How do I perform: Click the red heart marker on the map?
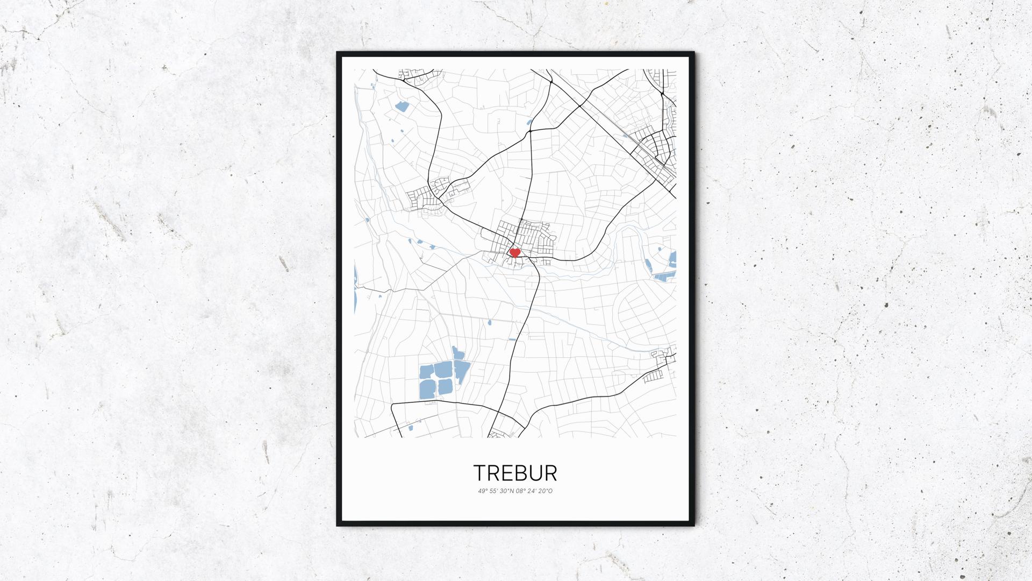point(514,252)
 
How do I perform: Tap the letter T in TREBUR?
point(479,473)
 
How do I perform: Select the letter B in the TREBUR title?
point(516,473)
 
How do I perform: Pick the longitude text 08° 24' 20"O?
point(534,491)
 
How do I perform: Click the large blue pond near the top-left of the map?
point(402,107)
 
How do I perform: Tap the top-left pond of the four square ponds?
point(426,372)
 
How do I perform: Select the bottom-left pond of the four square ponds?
point(428,389)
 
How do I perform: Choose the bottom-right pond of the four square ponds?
point(444,387)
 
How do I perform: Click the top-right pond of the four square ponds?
point(443,370)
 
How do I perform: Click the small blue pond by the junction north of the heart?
point(528,122)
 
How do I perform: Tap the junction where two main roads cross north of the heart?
point(531,131)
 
